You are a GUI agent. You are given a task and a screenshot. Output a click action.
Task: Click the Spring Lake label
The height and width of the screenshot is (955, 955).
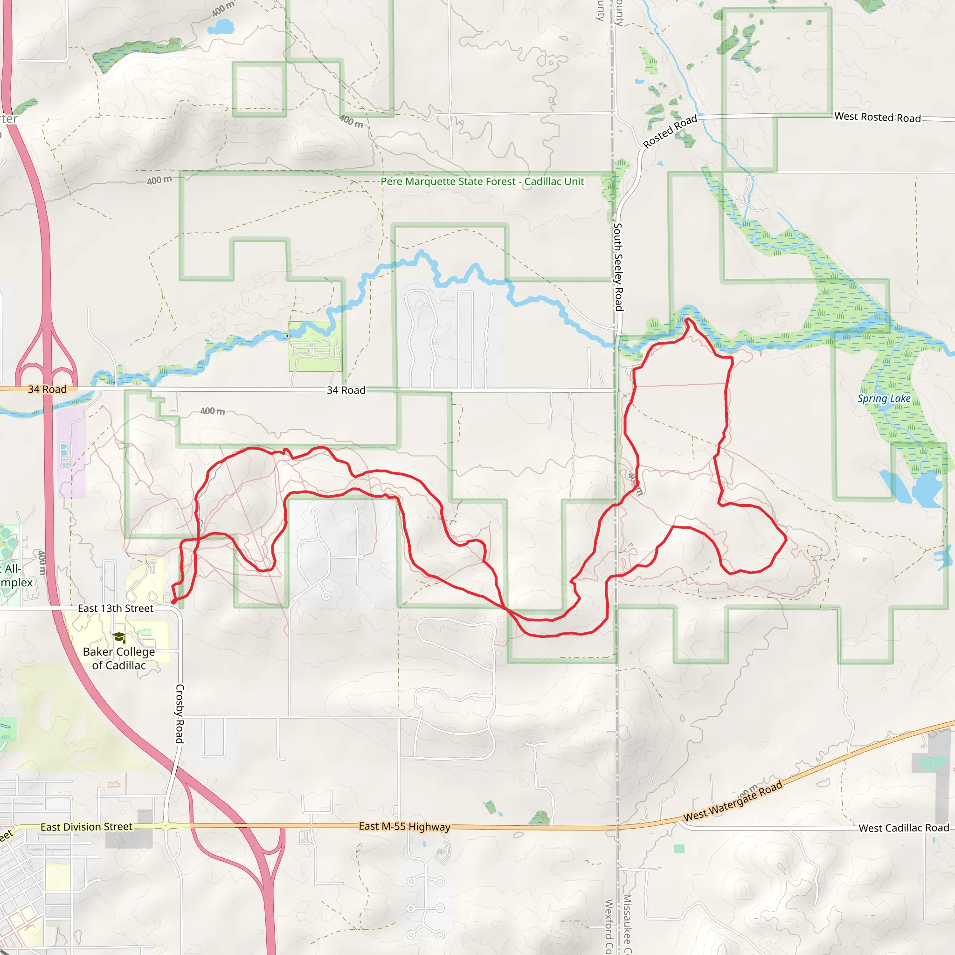884,398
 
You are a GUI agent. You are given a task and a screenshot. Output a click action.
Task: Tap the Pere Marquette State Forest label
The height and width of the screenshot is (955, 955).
482,181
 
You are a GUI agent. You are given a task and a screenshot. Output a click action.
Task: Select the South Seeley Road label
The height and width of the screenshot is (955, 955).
618,266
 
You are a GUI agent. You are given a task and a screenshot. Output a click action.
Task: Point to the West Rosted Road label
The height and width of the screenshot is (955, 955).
878,117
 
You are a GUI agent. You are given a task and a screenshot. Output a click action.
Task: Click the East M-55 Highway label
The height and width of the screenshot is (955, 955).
404,826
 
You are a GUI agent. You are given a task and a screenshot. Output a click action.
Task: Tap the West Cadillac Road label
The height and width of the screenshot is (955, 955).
904,828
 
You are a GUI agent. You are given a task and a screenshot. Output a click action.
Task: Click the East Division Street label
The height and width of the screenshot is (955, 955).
87,826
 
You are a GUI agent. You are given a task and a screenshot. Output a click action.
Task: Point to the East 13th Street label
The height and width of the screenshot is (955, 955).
116,609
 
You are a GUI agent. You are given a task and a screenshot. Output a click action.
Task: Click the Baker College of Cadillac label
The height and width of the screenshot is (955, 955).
118,658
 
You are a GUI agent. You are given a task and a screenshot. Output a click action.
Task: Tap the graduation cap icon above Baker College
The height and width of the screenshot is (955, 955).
118,637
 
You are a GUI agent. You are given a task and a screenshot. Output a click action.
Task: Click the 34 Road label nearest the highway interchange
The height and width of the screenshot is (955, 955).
47,389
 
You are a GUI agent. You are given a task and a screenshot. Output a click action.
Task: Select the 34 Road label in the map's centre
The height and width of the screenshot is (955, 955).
346,390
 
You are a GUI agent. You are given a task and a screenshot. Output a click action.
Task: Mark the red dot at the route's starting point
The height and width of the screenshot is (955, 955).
173,602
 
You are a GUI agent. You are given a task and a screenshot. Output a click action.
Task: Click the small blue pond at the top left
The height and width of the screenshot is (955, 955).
221,26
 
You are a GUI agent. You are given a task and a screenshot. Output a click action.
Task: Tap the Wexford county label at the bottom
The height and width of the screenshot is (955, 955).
609,927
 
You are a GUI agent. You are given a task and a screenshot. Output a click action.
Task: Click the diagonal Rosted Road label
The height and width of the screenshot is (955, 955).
670,131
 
